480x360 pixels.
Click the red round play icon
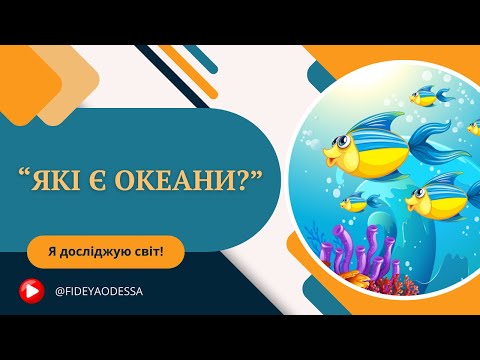pos(31,289)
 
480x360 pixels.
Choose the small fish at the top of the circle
pos(430,95)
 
